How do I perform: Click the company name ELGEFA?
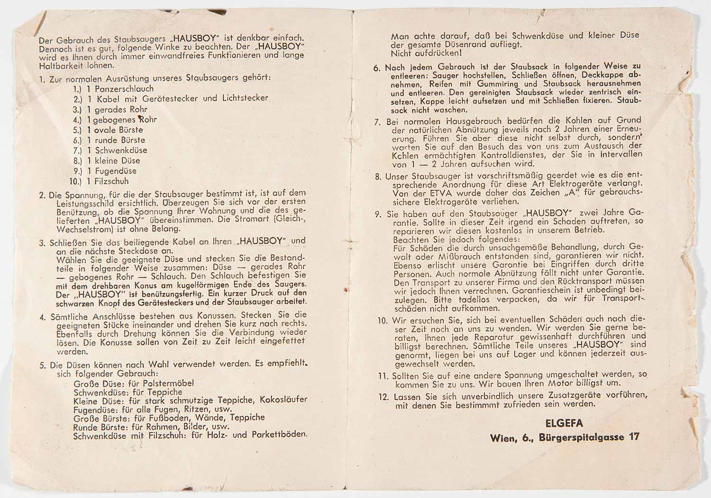(x=564, y=423)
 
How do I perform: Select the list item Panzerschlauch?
(x=124, y=89)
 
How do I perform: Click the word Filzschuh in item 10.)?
(x=111, y=181)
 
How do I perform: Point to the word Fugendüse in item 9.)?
(x=116, y=171)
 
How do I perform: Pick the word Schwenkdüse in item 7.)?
(x=121, y=150)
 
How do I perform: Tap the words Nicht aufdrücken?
(x=427, y=53)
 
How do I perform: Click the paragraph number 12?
(x=384, y=396)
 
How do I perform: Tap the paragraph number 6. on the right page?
(x=377, y=68)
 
